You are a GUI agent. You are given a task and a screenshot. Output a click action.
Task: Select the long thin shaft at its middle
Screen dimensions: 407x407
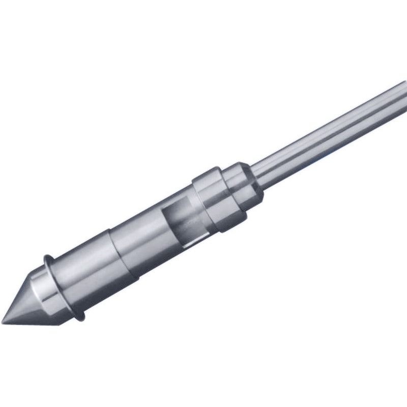pyautogui.click(x=326, y=132)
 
